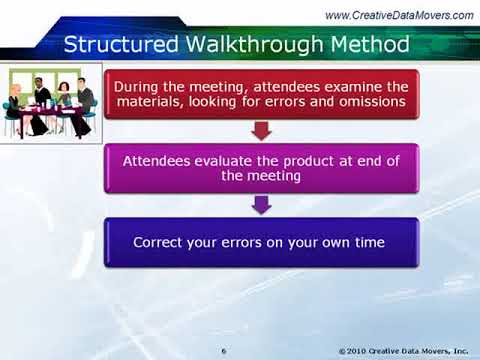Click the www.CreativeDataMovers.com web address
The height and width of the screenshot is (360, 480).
[x=399, y=14]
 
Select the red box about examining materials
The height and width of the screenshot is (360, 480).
[x=260, y=93]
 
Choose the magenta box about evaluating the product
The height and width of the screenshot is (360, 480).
[x=260, y=168]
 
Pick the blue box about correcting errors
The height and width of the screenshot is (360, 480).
[x=260, y=243]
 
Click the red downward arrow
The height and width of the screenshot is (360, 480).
[x=260, y=130]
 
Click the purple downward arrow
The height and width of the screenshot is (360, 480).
[x=260, y=205]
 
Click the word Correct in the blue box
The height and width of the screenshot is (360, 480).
[x=164, y=243]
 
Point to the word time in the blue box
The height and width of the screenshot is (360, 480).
[x=370, y=243]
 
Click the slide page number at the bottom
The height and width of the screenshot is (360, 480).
[x=224, y=350]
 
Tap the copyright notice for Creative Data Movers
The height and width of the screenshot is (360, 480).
[x=404, y=350]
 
